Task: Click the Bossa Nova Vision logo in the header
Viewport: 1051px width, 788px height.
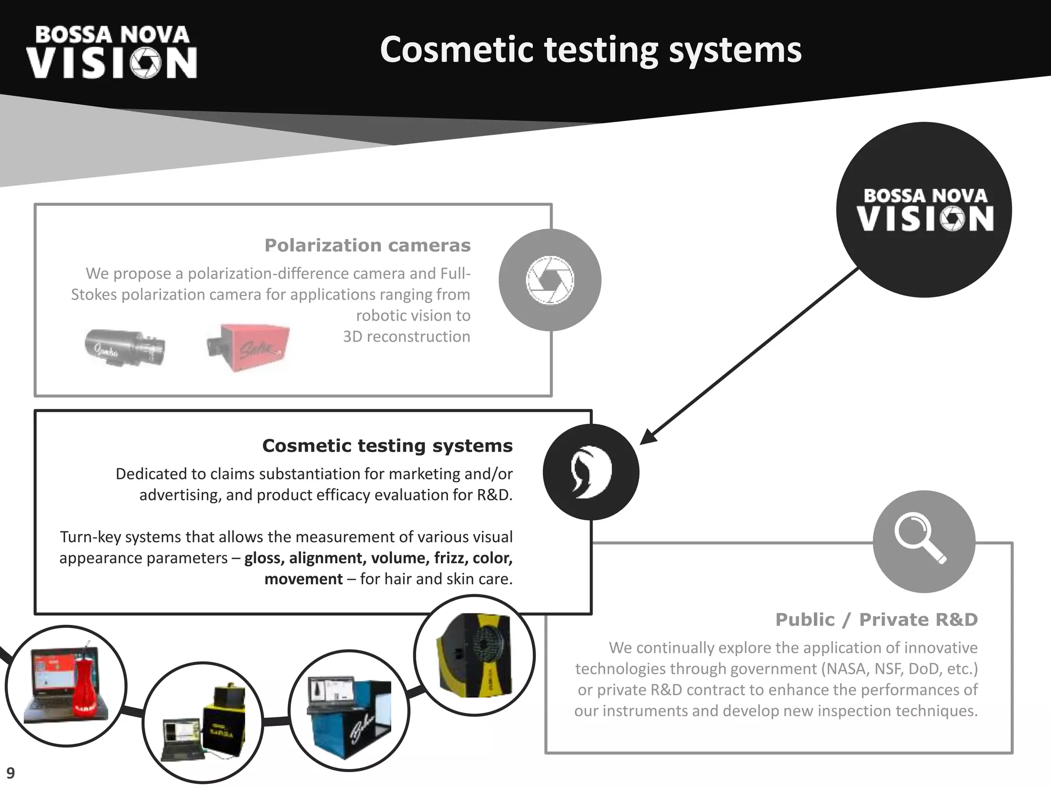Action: coord(111,53)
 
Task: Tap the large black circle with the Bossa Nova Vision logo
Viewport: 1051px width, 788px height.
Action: coord(924,210)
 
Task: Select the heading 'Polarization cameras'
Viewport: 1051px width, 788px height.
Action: coord(367,245)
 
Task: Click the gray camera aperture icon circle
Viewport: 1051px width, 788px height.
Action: coord(550,280)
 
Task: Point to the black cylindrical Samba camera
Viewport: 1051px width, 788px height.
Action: coord(125,347)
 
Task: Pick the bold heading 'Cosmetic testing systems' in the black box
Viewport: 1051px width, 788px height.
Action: coord(387,445)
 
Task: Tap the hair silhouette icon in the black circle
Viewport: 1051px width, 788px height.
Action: coord(591,472)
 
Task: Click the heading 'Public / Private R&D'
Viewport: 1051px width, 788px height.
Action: coord(876,619)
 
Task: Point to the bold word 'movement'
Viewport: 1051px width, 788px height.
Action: coord(303,579)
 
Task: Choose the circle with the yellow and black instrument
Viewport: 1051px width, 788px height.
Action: coord(474,655)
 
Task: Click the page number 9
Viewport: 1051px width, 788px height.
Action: coord(10,773)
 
